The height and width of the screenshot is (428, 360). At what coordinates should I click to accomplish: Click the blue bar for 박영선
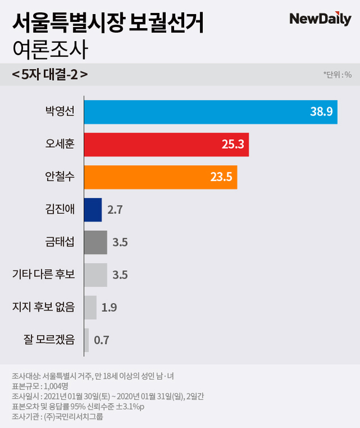[x=210, y=112]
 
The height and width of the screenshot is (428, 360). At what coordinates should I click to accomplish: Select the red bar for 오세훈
[x=166, y=145]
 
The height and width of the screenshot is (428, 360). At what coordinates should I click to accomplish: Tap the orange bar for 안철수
[x=161, y=177]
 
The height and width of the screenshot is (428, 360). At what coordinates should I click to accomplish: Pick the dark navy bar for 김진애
[x=93, y=210]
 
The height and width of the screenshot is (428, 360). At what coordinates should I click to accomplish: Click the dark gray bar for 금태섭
[x=96, y=242]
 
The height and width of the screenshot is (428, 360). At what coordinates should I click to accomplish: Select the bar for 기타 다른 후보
[x=96, y=275]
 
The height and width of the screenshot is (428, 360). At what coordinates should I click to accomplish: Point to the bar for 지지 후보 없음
[x=90, y=307]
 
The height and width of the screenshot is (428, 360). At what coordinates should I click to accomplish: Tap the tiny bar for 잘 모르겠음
[x=87, y=340]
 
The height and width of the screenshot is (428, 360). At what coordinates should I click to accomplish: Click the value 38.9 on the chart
[x=321, y=112]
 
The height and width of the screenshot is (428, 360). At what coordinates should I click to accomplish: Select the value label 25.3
[x=232, y=145]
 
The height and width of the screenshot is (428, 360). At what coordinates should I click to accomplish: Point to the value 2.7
[x=114, y=210]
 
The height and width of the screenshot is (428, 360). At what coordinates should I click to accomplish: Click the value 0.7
[x=101, y=340]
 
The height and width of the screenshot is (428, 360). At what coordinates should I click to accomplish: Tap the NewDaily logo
[x=319, y=19]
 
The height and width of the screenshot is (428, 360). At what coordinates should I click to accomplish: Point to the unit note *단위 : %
[x=337, y=74]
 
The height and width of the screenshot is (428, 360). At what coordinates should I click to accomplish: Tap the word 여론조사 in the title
[x=50, y=51]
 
